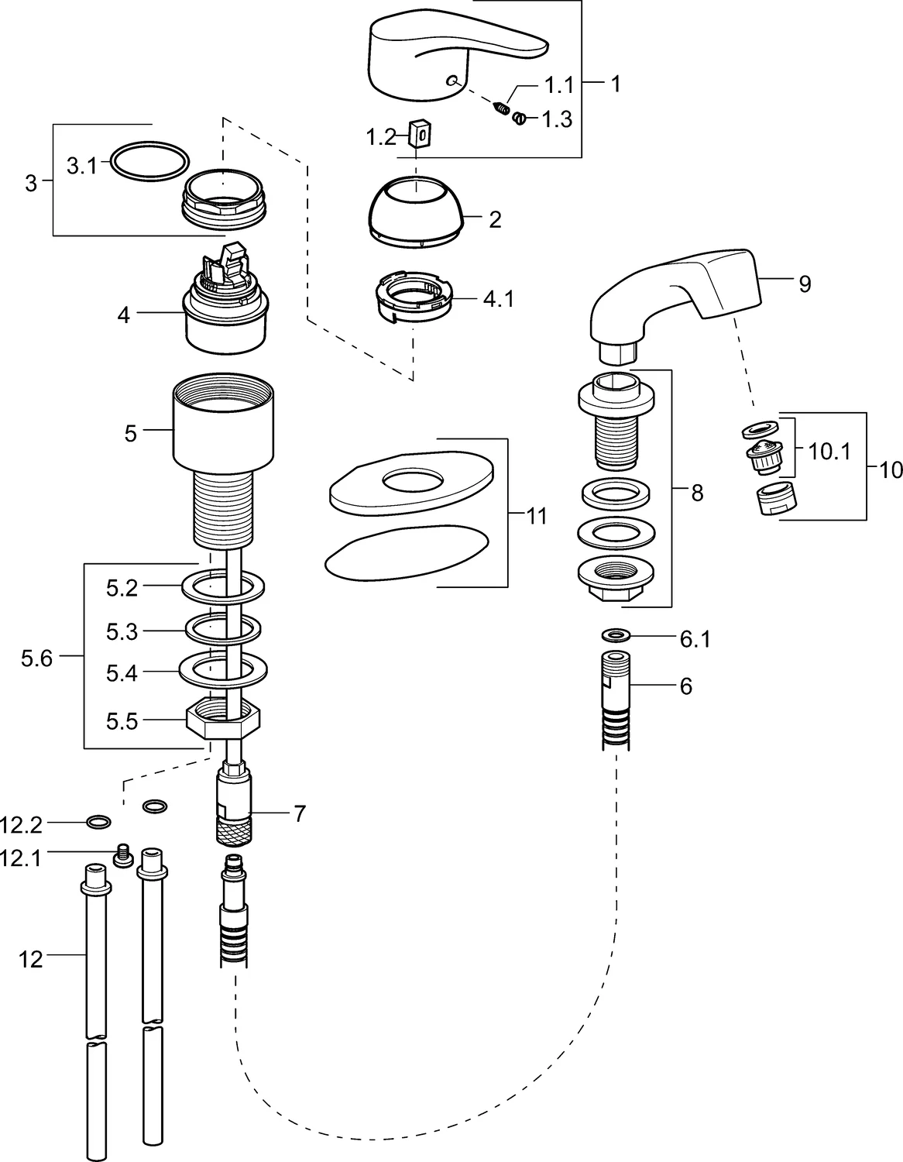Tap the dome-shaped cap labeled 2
click(416, 211)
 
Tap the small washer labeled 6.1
click(616, 636)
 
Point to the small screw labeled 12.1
click(122, 855)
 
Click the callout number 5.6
click(36, 660)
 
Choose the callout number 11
click(535, 516)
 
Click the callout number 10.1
click(829, 451)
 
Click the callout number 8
click(697, 493)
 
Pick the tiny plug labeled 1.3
click(522, 117)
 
